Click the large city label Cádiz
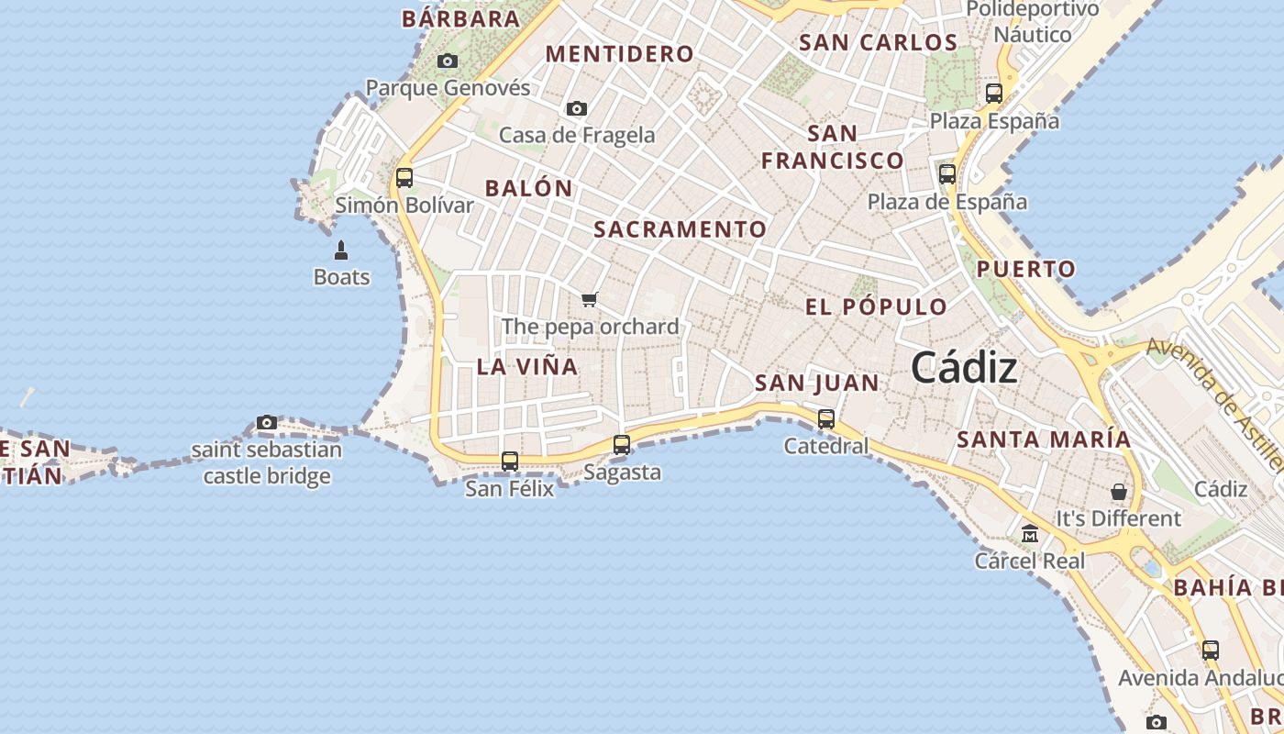964,368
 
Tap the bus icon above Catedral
826,419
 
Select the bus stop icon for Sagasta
622,445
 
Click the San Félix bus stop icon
510,462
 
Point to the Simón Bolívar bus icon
404,178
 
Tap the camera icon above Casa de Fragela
577,108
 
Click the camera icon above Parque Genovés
448,61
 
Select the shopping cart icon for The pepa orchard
590,299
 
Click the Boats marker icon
341,250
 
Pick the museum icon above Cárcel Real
1030,533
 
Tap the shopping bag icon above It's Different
1119,492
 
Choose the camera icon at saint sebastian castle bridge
267,422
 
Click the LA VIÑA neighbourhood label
527,367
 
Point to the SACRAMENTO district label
680,229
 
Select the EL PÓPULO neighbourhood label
876,307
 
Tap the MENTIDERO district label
620,54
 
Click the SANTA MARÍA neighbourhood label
1044,439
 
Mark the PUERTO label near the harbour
1025,270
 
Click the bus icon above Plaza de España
947,173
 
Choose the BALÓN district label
528,189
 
